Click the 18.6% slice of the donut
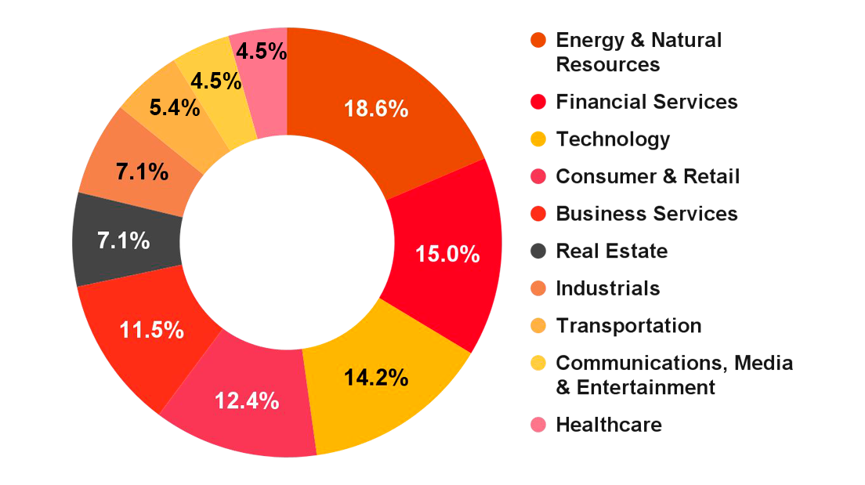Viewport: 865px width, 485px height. click(x=376, y=110)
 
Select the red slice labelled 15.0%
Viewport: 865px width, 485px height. click(x=447, y=252)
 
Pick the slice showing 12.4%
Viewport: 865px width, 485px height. click(x=248, y=401)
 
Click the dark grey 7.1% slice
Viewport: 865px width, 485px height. click(x=124, y=241)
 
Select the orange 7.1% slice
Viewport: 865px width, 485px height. click(x=143, y=172)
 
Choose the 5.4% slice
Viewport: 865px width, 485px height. click(x=174, y=108)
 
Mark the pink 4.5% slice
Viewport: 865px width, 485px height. click(x=261, y=53)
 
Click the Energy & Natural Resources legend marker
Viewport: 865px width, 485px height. click(x=537, y=38)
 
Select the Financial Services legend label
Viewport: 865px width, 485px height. click(x=646, y=102)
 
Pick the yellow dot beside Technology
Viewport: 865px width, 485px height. click(x=537, y=139)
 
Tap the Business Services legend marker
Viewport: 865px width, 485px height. click(x=537, y=213)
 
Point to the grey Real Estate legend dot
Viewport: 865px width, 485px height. click(x=537, y=252)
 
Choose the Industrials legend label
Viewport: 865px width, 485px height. click(x=607, y=288)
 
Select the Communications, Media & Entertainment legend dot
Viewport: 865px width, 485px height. click(x=537, y=363)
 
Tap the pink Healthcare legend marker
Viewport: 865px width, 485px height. click(x=537, y=425)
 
